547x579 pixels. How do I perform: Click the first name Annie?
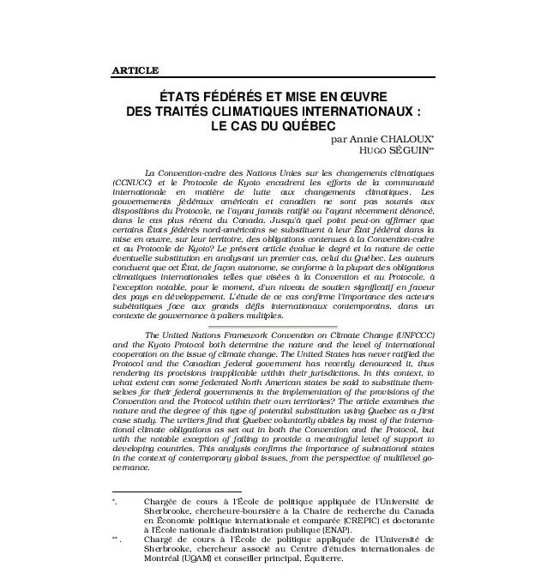pyautogui.click(x=351, y=139)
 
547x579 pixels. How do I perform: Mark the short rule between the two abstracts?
pyautogui.click(x=273, y=324)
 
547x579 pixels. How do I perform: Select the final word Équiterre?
pyautogui.click(x=319, y=557)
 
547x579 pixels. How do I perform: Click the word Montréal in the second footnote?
pyautogui.click(x=166, y=557)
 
